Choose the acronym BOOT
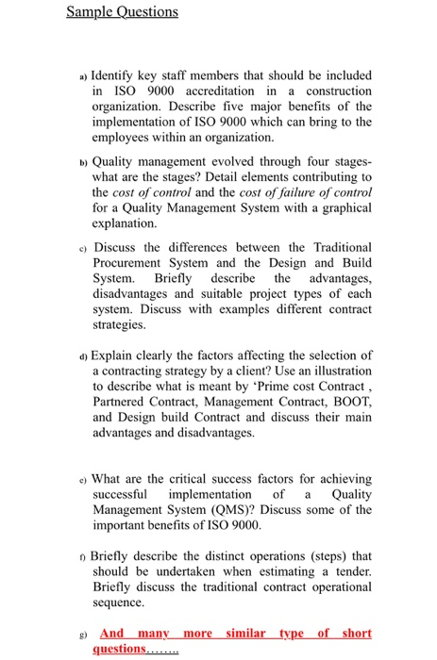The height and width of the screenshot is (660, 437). click(x=349, y=403)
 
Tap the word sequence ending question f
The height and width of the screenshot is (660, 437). click(x=119, y=602)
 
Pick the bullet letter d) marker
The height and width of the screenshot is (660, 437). click(x=83, y=356)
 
